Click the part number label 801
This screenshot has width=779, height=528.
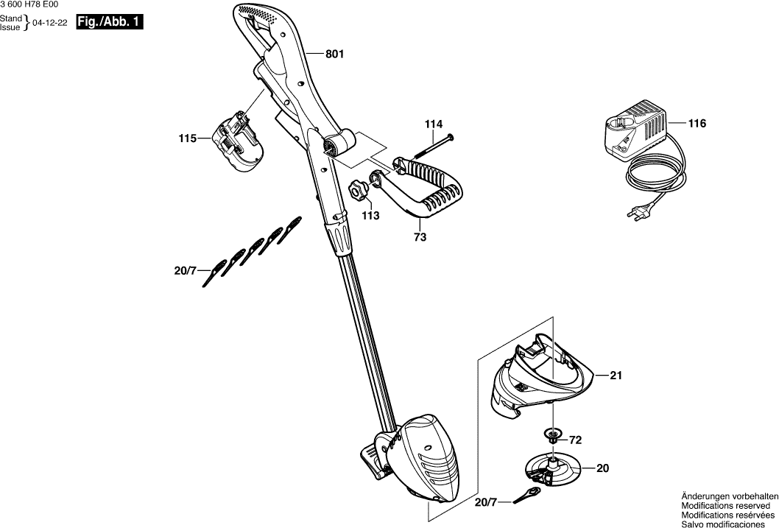(334, 54)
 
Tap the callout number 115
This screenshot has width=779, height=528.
(187, 138)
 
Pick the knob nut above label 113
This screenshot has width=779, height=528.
(359, 191)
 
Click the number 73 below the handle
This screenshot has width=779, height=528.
(420, 237)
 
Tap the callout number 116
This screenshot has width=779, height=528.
(697, 124)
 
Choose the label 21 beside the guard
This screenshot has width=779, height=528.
(616, 376)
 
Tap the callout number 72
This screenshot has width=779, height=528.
(576, 440)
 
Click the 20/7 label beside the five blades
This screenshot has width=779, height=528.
(185, 271)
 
